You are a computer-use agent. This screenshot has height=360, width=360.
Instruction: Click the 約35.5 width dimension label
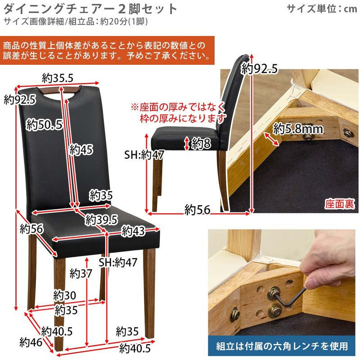click(58, 78)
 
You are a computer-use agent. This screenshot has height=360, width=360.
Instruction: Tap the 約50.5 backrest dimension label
click(44, 125)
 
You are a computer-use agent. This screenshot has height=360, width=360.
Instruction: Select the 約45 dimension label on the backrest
click(81, 149)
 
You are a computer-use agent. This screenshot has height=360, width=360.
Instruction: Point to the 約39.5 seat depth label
click(101, 220)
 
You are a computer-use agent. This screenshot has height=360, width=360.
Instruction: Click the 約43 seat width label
click(133, 231)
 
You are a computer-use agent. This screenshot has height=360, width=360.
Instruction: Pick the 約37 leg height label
click(81, 274)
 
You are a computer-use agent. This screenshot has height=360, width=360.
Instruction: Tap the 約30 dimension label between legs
click(64, 295)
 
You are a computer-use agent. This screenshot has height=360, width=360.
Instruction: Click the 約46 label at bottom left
click(31, 342)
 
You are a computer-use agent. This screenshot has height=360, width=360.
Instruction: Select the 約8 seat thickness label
click(201, 143)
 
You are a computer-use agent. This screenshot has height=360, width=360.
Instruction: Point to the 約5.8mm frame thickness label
click(298, 129)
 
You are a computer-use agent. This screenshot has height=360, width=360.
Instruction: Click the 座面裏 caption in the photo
click(339, 204)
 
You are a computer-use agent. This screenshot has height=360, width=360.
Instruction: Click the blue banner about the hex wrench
click(282, 346)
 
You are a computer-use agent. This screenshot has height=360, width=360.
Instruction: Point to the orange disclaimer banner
click(107, 50)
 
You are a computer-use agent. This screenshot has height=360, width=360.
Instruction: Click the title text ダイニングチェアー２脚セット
click(90, 9)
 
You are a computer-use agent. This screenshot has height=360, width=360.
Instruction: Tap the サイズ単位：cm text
click(322, 9)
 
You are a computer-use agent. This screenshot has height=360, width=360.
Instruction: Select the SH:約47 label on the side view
click(144, 155)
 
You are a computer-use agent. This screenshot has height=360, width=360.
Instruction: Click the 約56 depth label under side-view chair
click(198, 210)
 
